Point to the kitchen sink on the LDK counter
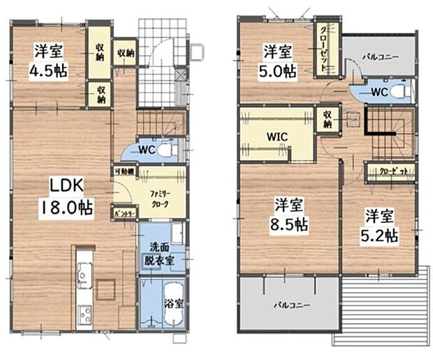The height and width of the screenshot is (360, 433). click(85, 271)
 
